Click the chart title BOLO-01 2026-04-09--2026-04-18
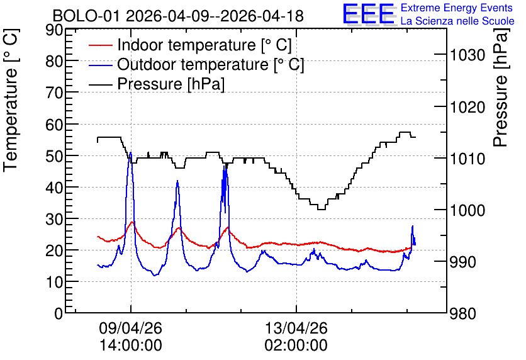point(178,16)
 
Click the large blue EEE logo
point(369,14)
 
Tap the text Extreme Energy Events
point(457,8)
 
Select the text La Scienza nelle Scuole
point(457,21)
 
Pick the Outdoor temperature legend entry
point(196,64)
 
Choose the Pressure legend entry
point(157,84)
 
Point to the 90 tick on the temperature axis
point(54,30)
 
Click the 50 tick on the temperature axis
point(54,156)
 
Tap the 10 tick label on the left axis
point(54,282)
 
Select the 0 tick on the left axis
point(59,313)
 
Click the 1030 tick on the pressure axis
point(467,55)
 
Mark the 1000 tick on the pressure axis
point(467,210)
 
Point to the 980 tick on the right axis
point(462,313)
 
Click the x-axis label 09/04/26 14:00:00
point(130,336)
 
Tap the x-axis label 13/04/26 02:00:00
point(296,336)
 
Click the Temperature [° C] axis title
point(11,100)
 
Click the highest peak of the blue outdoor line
point(130,153)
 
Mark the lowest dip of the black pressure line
point(322,210)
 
